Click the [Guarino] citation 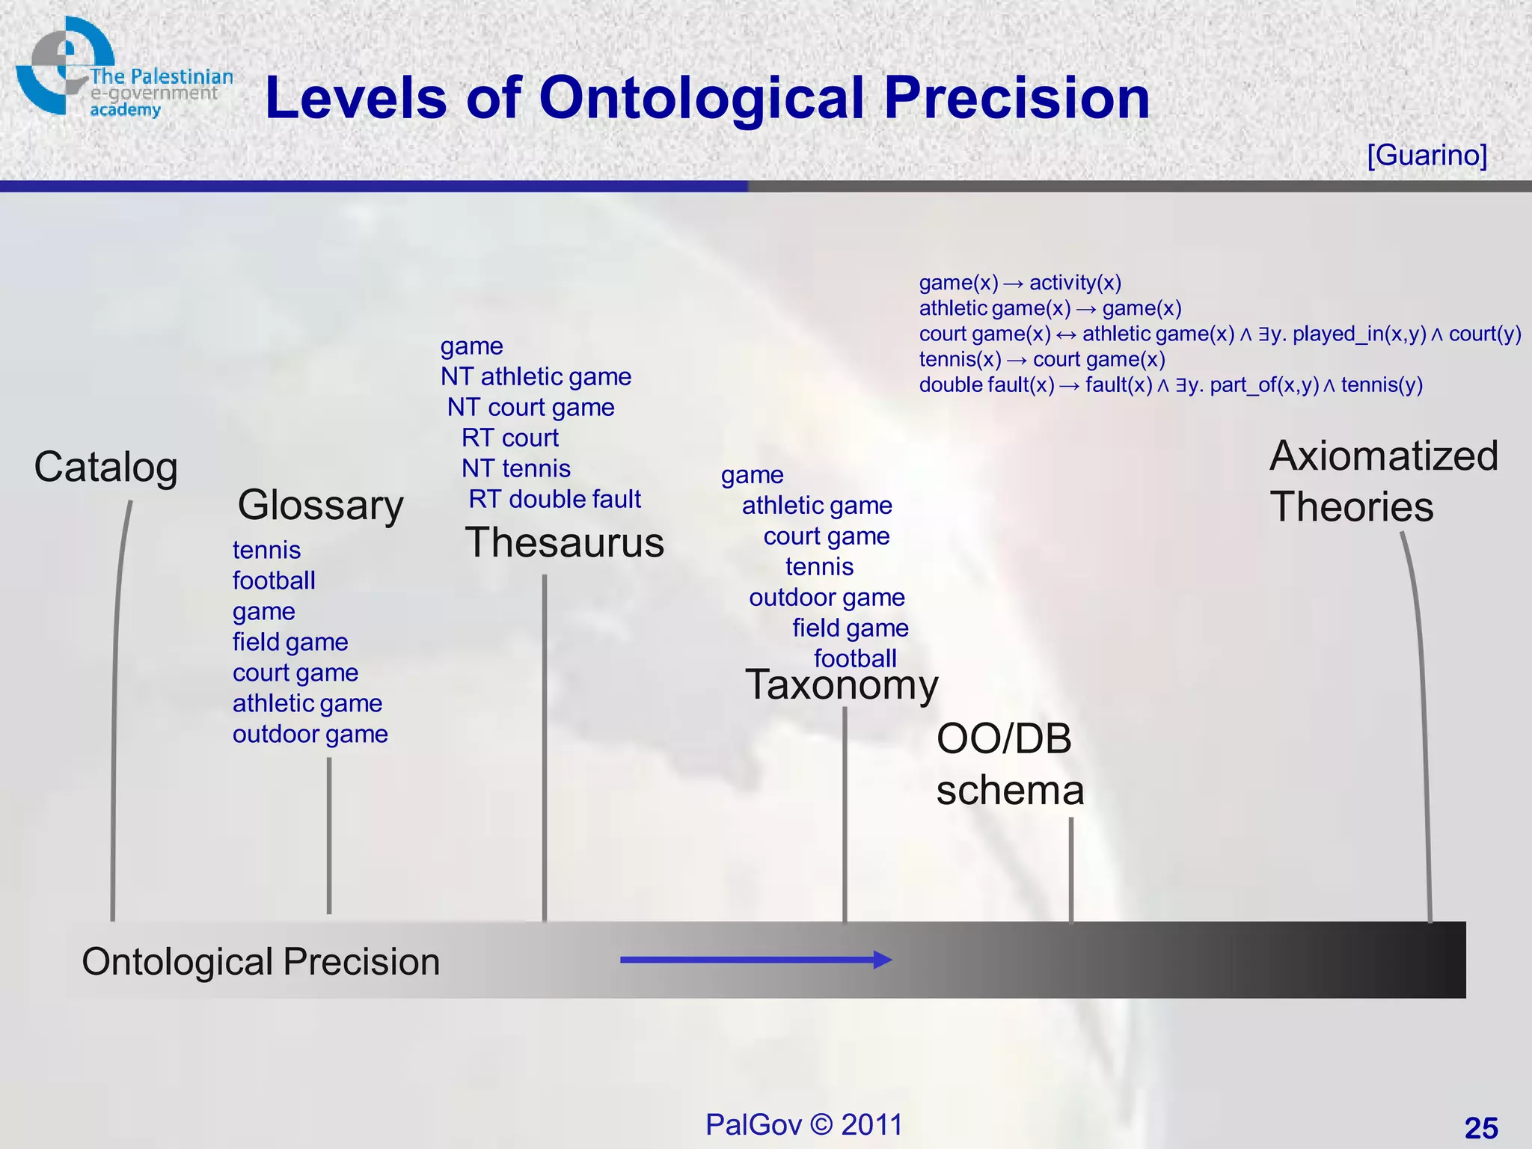(1427, 155)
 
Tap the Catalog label (105, 468)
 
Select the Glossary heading (320, 505)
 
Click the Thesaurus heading (564, 542)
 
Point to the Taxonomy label (842, 684)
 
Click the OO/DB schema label (1009, 765)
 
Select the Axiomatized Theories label (1383, 482)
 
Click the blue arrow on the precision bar (756, 960)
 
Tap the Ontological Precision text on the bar (260, 962)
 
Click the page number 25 (1480, 1128)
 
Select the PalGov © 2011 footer (804, 1124)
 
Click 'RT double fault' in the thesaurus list (554, 499)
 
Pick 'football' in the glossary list (274, 580)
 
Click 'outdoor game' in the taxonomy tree (827, 598)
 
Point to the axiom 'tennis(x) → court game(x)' (1042, 360)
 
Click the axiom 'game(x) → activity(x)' (1020, 283)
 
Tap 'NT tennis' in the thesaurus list (515, 468)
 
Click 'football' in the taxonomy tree (855, 658)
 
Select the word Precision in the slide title (1017, 98)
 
